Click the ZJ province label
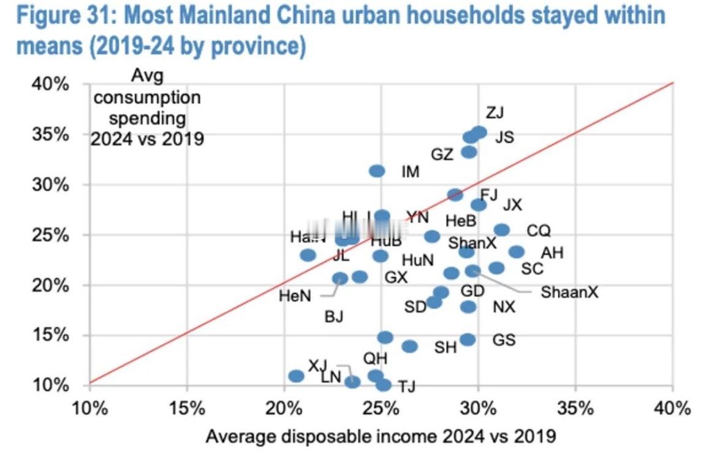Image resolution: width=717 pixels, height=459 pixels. [x=495, y=113]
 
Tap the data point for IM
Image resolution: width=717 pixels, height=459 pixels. [x=377, y=171]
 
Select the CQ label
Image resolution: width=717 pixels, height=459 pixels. [x=539, y=231]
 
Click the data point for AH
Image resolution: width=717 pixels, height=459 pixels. [x=517, y=252]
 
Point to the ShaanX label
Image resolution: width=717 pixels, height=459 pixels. [x=569, y=292]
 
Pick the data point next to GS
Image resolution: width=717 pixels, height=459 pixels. [x=468, y=339]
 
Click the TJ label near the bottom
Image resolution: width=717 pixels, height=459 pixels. [x=407, y=387]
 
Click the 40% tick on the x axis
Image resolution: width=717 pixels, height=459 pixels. [x=672, y=407]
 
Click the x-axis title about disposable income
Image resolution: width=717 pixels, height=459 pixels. [x=381, y=436]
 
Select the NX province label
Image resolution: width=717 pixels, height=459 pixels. [x=504, y=307]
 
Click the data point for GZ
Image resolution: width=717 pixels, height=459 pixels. [x=469, y=152]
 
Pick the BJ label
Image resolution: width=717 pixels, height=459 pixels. [x=333, y=317]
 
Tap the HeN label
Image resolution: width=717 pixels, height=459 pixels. [x=295, y=296]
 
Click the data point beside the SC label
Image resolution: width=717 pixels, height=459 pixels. [x=496, y=268]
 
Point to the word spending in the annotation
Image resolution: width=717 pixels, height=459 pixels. [x=146, y=117]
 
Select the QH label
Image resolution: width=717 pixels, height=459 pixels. [x=375, y=358]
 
